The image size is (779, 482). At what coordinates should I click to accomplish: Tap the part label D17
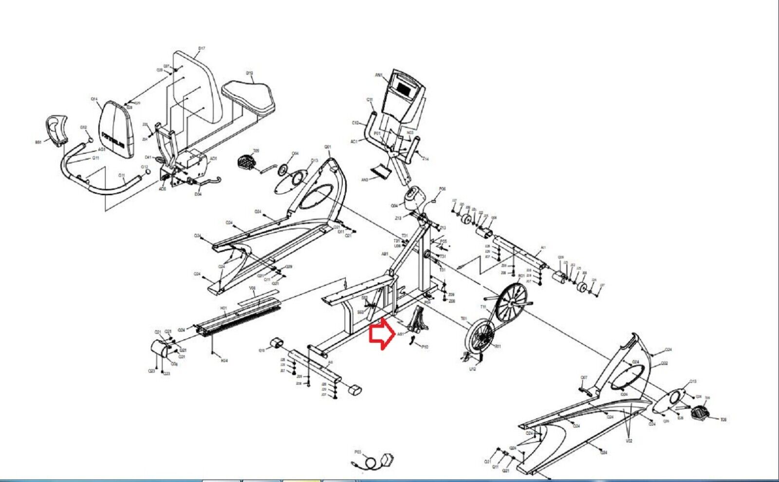[x=202, y=49]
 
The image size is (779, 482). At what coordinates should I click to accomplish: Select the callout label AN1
[x=379, y=75]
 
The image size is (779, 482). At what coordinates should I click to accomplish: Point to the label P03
[x=358, y=452]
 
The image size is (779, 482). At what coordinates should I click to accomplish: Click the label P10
[x=425, y=347]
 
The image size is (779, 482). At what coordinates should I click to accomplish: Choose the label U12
[x=472, y=369]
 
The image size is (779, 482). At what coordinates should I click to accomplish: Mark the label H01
[x=224, y=308]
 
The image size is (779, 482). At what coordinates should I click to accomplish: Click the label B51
[x=38, y=142]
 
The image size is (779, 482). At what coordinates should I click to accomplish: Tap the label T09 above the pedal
[x=256, y=151]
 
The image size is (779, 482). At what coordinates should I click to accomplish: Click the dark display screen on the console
[x=405, y=88]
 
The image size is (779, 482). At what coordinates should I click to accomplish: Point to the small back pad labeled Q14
[x=117, y=129]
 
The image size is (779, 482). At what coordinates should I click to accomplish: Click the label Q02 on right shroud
[x=665, y=364]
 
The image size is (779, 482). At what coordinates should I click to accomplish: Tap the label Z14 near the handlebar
[x=426, y=159]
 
